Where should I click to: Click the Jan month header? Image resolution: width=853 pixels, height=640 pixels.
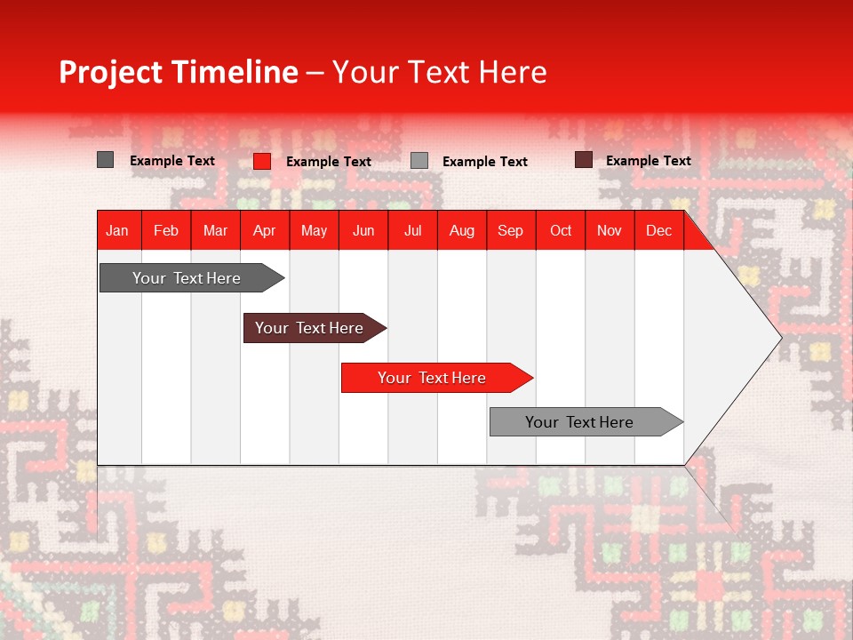pos(118,230)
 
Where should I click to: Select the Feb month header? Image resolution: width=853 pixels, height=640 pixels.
pos(166,230)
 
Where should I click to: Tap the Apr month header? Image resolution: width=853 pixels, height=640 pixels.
pos(265,230)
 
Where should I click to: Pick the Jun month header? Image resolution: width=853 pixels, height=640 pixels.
pos(363,230)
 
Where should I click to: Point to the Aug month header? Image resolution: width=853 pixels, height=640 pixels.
pos(462,230)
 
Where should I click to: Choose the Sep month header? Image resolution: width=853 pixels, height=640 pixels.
pos(511,230)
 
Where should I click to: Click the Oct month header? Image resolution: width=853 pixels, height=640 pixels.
pos(561,230)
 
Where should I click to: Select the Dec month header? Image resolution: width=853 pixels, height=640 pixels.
pos(659,230)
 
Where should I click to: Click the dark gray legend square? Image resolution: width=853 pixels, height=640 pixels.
pos(106,160)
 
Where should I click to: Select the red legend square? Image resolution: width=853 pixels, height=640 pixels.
pos(262,161)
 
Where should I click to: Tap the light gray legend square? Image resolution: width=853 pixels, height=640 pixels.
pos(419,161)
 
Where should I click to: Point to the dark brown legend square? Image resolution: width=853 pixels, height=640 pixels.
pos(584,160)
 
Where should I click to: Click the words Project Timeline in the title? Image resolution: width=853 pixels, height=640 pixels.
pos(178,72)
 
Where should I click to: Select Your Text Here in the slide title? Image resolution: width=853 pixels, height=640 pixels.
pos(439,72)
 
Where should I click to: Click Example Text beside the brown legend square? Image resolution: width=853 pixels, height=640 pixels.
pos(648,161)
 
